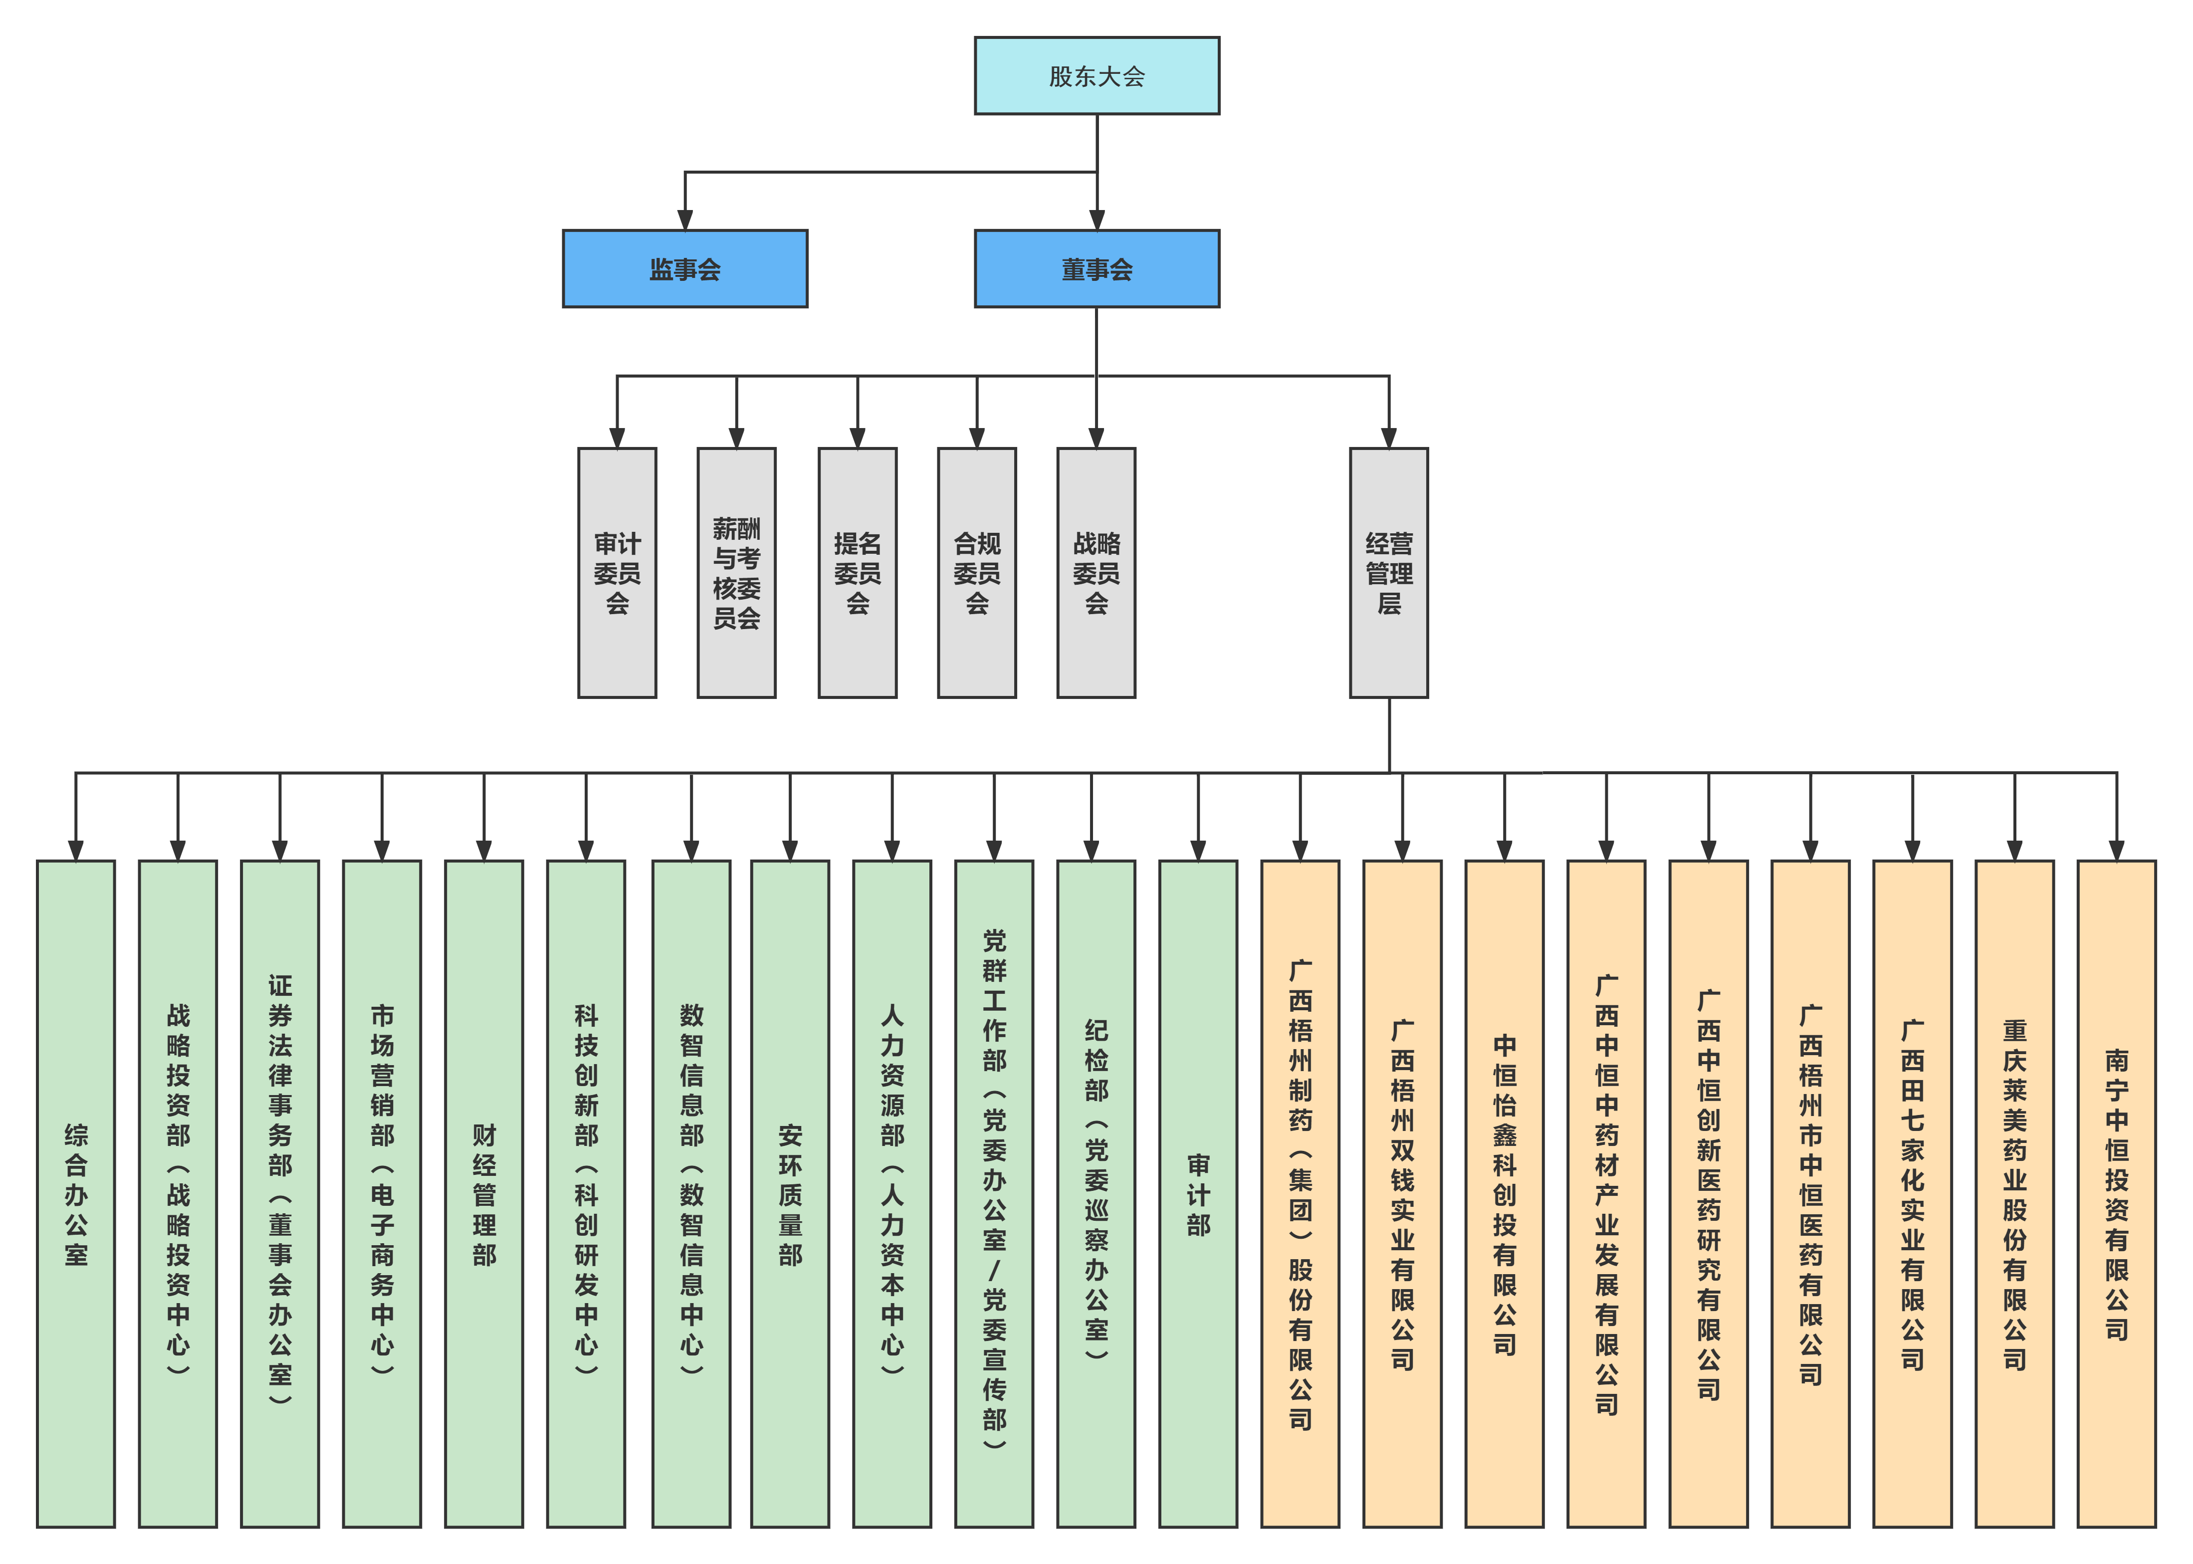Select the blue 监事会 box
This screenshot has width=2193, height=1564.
(685, 269)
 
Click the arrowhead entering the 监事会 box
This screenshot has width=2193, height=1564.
(685, 219)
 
